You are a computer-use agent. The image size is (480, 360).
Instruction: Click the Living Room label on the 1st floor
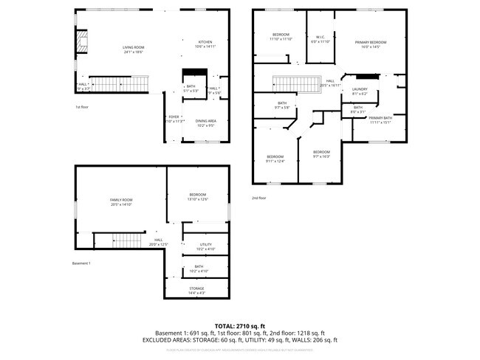coord(133,49)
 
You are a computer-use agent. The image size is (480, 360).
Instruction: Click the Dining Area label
coord(205,123)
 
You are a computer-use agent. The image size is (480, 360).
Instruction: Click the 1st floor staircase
coord(118,84)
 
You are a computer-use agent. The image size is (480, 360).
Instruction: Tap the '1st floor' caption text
coord(83,107)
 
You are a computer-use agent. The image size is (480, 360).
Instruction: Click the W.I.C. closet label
coord(320,38)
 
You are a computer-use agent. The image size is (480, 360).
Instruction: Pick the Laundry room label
coord(360,91)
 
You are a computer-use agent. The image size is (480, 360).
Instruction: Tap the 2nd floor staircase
coord(295,83)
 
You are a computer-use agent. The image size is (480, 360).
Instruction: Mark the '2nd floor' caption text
coord(258,198)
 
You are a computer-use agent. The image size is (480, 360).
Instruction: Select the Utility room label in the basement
coord(205,246)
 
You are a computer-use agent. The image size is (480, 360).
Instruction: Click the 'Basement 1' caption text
coord(81,263)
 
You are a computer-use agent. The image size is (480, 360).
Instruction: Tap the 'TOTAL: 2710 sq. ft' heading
coord(240,325)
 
